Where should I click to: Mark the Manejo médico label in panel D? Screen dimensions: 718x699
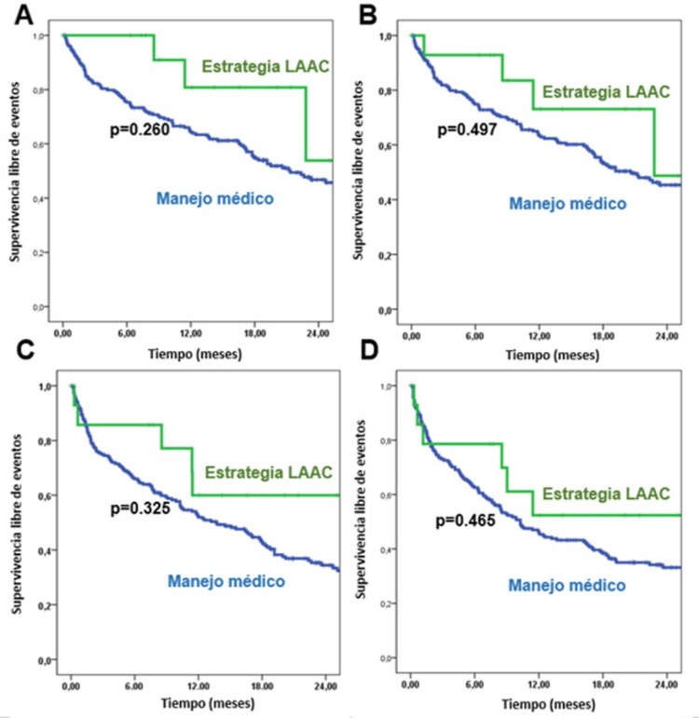tap(567, 584)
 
